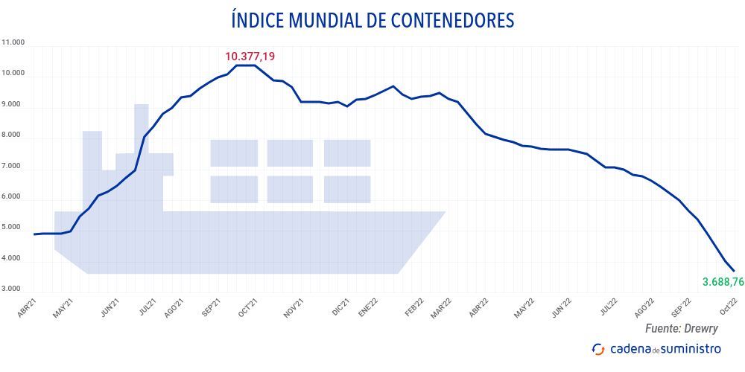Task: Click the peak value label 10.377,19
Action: [255, 56]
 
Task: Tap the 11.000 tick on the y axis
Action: [14, 42]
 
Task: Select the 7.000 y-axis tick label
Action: [14, 167]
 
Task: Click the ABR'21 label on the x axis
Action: [27, 309]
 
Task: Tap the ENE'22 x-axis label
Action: [370, 309]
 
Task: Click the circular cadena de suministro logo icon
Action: [597, 348]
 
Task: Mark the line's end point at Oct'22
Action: [734, 271]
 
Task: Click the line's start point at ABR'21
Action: [35, 234]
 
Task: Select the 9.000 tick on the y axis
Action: [14, 106]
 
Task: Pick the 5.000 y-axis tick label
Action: [14, 228]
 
